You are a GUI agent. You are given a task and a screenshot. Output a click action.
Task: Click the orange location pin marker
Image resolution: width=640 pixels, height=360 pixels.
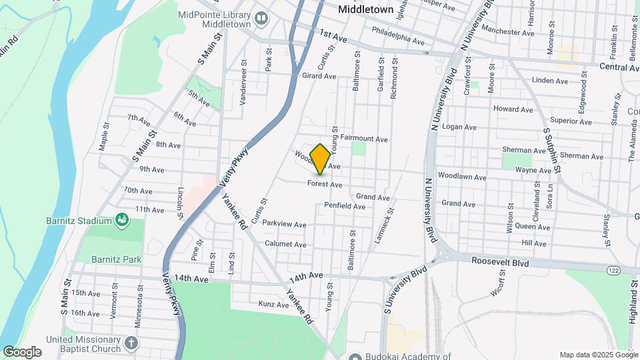(321, 159)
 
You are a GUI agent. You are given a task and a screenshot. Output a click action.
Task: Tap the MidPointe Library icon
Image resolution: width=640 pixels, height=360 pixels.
(261, 19)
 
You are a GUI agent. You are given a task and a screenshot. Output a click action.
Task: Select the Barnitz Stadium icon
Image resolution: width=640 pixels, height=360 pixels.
(121, 219)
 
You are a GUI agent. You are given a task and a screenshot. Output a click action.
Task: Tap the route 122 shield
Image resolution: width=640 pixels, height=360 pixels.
(613, 269)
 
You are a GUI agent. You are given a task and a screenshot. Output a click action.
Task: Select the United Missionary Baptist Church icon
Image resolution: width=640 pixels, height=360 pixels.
(131, 344)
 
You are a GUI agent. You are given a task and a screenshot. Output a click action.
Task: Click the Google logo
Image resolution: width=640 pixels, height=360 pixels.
(22, 352)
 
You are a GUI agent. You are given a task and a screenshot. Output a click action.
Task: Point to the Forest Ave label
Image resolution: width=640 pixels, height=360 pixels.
(325, 184)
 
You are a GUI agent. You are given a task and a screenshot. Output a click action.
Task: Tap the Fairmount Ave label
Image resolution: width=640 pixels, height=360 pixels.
(364, 139)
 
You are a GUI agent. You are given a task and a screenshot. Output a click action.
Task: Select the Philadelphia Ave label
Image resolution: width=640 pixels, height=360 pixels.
(398, 36)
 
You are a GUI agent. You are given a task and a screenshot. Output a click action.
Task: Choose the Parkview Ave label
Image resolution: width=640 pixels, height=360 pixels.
(283, 223)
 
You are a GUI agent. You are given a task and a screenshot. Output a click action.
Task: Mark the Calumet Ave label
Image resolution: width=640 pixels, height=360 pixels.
(285, 245)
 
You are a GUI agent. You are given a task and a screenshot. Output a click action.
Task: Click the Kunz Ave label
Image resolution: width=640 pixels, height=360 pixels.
(273, 305)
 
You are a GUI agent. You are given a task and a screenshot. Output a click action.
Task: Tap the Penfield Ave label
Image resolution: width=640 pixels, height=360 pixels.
(345, 207)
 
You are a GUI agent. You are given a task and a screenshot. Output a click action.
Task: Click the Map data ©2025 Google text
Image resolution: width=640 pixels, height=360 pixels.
(597, 355)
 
